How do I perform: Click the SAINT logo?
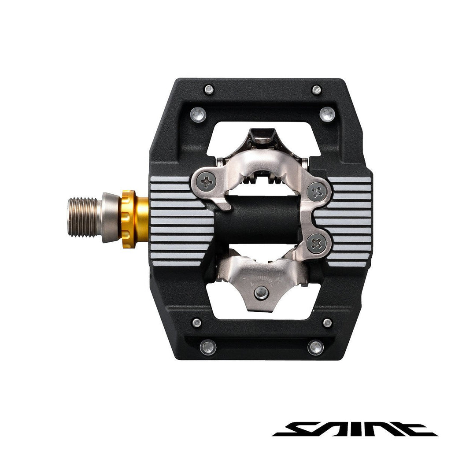(x=355, y=428)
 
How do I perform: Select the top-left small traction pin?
(x=209, y=90)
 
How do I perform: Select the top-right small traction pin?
(x=317, y=90)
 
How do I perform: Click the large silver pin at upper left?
(x=198, y=115)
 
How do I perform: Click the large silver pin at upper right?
(x=327, y=115)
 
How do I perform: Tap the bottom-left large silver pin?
(x=208, y=347)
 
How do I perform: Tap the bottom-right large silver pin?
(x=316, y=347)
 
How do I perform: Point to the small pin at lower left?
(x=197, y=323)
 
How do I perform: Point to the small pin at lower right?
(x=327, y=323)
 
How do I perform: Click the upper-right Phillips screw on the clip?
(x=318, y=191)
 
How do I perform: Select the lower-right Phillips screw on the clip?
(x=317, y=244)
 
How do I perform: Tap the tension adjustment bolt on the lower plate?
(x=262, y=292)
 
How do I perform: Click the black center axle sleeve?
(x=260, y=219)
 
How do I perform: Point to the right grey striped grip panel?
(x=350, y=220)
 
